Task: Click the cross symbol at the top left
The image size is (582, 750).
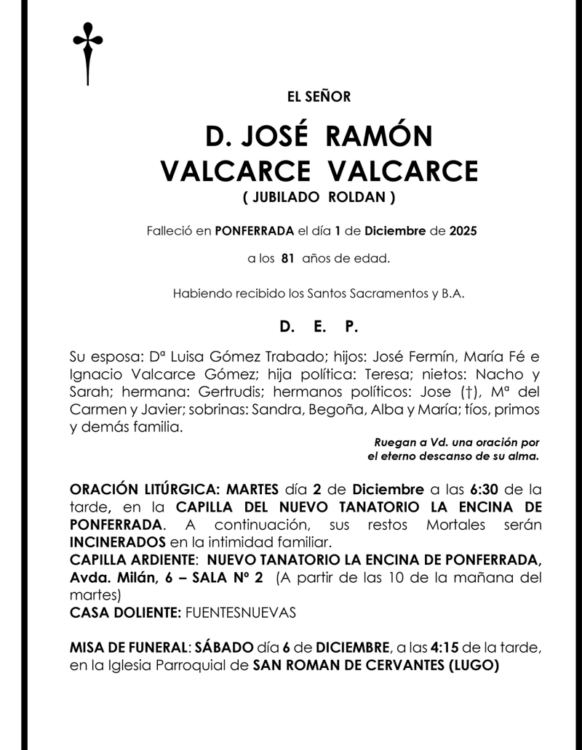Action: point(87,52)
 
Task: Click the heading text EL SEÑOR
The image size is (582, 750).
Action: point(319,97)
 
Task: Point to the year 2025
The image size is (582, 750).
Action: point(463,232)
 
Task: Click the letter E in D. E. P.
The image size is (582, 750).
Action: point(319,328)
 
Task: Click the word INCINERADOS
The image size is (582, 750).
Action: point(118,541)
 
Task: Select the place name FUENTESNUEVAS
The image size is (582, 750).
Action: point(241,613)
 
